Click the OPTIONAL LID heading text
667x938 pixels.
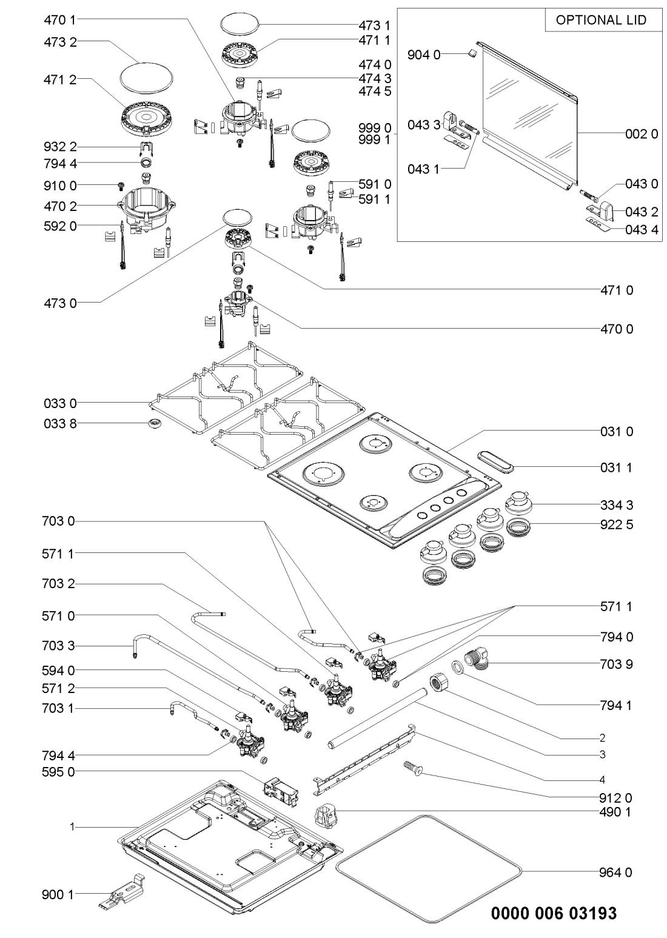click(601, 20)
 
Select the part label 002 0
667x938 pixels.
click(642, 135)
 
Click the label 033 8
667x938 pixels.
click(60, 423)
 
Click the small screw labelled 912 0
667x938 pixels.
click(412, 769)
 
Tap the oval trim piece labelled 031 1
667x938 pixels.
click(495, 460)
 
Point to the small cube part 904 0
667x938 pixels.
click(471, 54)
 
